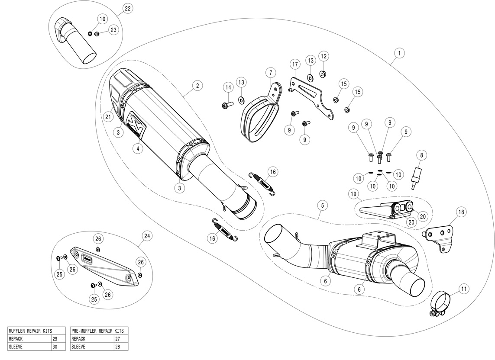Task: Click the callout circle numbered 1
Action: pos(399,53)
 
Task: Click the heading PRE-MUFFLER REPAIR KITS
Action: pos(97,331)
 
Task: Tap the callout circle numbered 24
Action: pos(147,236)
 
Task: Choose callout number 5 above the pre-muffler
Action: pos(321,204)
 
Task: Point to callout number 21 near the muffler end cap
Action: pos(108,116)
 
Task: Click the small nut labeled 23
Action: pos(97,34)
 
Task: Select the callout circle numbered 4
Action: pos(137,148)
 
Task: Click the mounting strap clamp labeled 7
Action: pos(259,110)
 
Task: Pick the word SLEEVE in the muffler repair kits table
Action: pos(16,347)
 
